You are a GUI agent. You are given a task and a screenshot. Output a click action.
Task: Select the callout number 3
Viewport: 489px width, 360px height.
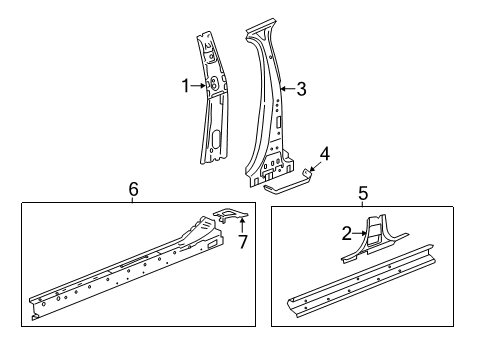pyautogui.click(x=301, y=88)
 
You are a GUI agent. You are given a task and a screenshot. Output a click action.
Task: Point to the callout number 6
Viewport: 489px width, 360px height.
pyautogui.click(x=133, y=190)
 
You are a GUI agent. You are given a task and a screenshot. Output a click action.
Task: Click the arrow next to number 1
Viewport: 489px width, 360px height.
pyautogui.click(x=199, y=86)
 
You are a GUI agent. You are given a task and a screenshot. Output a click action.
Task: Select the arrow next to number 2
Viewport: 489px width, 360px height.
pyautogui.click(x=361, y=233)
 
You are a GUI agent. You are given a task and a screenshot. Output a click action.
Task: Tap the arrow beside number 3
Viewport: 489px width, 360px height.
pyautogui.click(x=287, y=88)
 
